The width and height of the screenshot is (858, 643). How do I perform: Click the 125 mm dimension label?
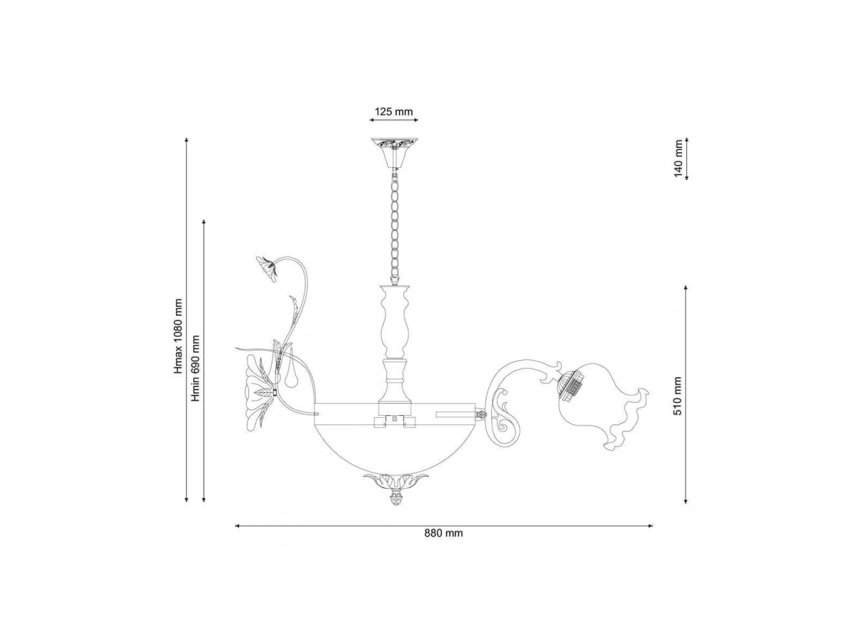394,111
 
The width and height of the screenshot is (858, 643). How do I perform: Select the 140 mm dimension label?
679,158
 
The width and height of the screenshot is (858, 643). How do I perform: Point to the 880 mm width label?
444,533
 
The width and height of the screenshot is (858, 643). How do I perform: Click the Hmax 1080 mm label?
178,336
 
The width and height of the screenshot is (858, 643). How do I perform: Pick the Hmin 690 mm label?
195,368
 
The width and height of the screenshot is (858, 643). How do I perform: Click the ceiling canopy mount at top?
394,153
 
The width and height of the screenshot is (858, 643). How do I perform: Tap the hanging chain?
395,226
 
